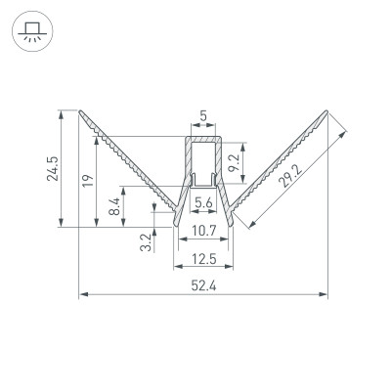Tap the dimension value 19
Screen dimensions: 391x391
click(x=86, y=180)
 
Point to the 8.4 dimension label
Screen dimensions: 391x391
click(x=114, y=206)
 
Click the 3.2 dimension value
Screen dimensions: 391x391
click(x=146, y=239)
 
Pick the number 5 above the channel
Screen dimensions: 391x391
click(x=203, y=116)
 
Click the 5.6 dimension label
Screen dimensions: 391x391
click(x=204, y=203)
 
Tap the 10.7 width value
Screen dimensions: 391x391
click(x=204, y=231)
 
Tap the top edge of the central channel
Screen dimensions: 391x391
click(x=203, y=138)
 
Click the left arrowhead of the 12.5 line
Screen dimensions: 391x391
click(x=177, y=267)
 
